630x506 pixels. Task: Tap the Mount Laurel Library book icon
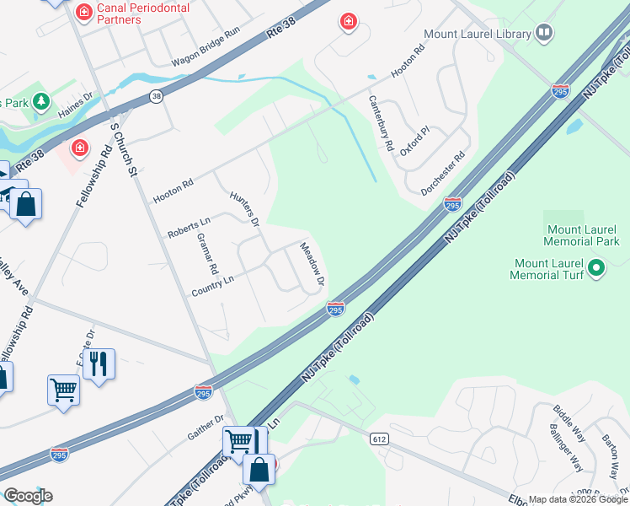(x=544, y=34)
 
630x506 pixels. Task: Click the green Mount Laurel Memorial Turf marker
(x=597, y=269)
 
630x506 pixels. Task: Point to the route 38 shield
(x=157, y=97)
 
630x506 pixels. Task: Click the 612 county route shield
(x=378, y=439)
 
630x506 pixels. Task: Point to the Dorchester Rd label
(x=443, y=173)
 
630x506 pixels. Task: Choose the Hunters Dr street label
(x=244, y=208)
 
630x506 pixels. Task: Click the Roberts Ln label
(x=188, y=228)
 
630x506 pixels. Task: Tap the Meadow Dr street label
(x=312, y=264)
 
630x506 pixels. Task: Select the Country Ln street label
(x=212, y=286)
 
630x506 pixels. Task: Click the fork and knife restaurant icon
(x=99, y=364)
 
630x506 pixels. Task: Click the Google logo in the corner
(x=28, y=496)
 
